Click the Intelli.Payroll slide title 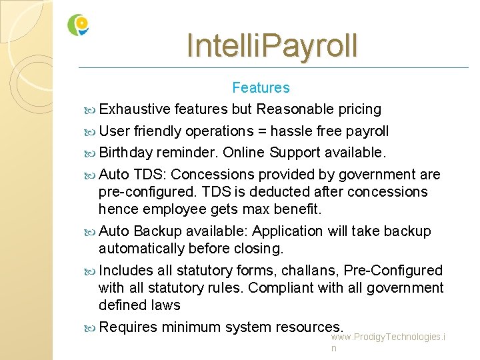[272, 45]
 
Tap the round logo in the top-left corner [78, 25]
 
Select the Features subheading [261, 87]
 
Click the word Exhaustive [134, 109]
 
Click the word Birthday [126, 153]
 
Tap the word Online [244, 153]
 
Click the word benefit [298, 209]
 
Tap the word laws [167, 305]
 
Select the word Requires [127, 327]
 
